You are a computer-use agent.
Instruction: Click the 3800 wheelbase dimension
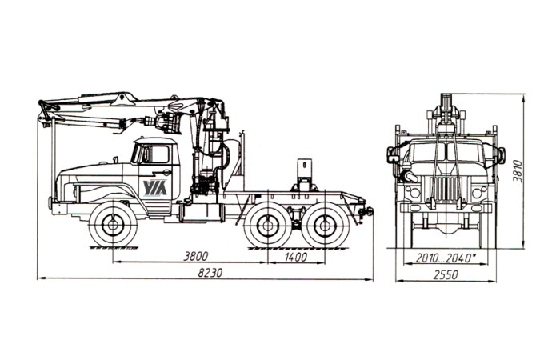195,256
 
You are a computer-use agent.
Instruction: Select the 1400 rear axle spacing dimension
296,257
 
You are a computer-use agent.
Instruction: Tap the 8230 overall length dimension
210,273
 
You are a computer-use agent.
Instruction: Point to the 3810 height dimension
518,171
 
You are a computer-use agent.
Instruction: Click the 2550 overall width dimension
446,275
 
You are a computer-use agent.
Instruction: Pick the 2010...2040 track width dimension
446,258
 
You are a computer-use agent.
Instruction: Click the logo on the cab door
155,188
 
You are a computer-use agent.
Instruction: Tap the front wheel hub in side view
113,225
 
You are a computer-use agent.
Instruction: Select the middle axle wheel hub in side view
267,226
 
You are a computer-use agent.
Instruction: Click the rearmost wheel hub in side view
325,226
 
